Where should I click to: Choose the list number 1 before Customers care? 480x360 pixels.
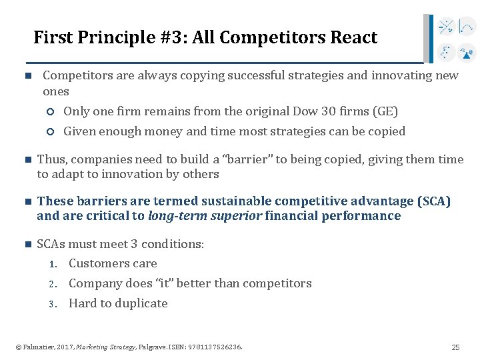click(x=53, y=265)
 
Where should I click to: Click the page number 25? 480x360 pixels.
click(x=455, y=347)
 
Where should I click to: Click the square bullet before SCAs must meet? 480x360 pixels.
click(x=27, y=245)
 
